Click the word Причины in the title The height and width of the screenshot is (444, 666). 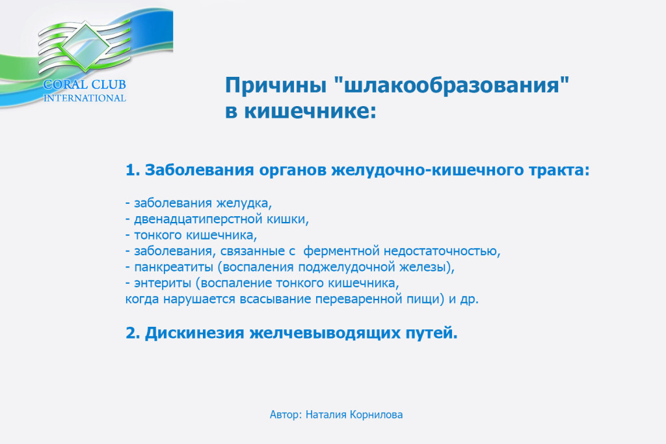tap(276, 85)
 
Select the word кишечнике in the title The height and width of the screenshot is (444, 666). tap(310, 111)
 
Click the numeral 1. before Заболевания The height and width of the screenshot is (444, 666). tap(133, 170)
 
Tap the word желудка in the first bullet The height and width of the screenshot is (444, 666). tap(244, 203)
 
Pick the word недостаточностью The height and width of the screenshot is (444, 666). tap(442, 251)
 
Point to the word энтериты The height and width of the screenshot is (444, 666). tap(163, 283)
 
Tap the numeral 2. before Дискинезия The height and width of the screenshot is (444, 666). tap(133, 333)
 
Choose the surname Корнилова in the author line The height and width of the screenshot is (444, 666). tap(376, 415)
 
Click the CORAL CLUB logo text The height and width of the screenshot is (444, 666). tap(85, 85)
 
